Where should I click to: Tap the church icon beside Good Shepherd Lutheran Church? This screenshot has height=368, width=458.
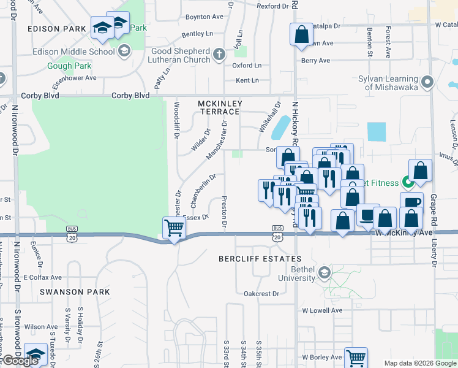[x=219, y=55]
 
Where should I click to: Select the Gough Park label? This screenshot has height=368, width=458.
[x=69, y=66]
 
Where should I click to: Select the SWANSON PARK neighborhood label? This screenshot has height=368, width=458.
[x=75, y=292]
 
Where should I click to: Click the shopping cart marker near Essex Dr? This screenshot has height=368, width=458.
[x=175, y=228]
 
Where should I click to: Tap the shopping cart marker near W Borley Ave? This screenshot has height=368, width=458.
[x=356, y=357]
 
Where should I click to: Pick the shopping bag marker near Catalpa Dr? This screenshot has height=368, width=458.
[x=301, y=35]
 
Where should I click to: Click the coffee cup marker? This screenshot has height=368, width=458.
[x=411, y=202]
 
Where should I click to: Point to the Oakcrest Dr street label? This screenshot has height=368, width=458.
[x=261, y=294]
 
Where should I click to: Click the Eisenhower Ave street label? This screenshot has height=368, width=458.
[x=74, y=78]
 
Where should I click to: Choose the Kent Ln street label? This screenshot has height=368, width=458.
[x=247, y=80]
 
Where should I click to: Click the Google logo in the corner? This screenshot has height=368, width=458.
[x=20, y=361]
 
